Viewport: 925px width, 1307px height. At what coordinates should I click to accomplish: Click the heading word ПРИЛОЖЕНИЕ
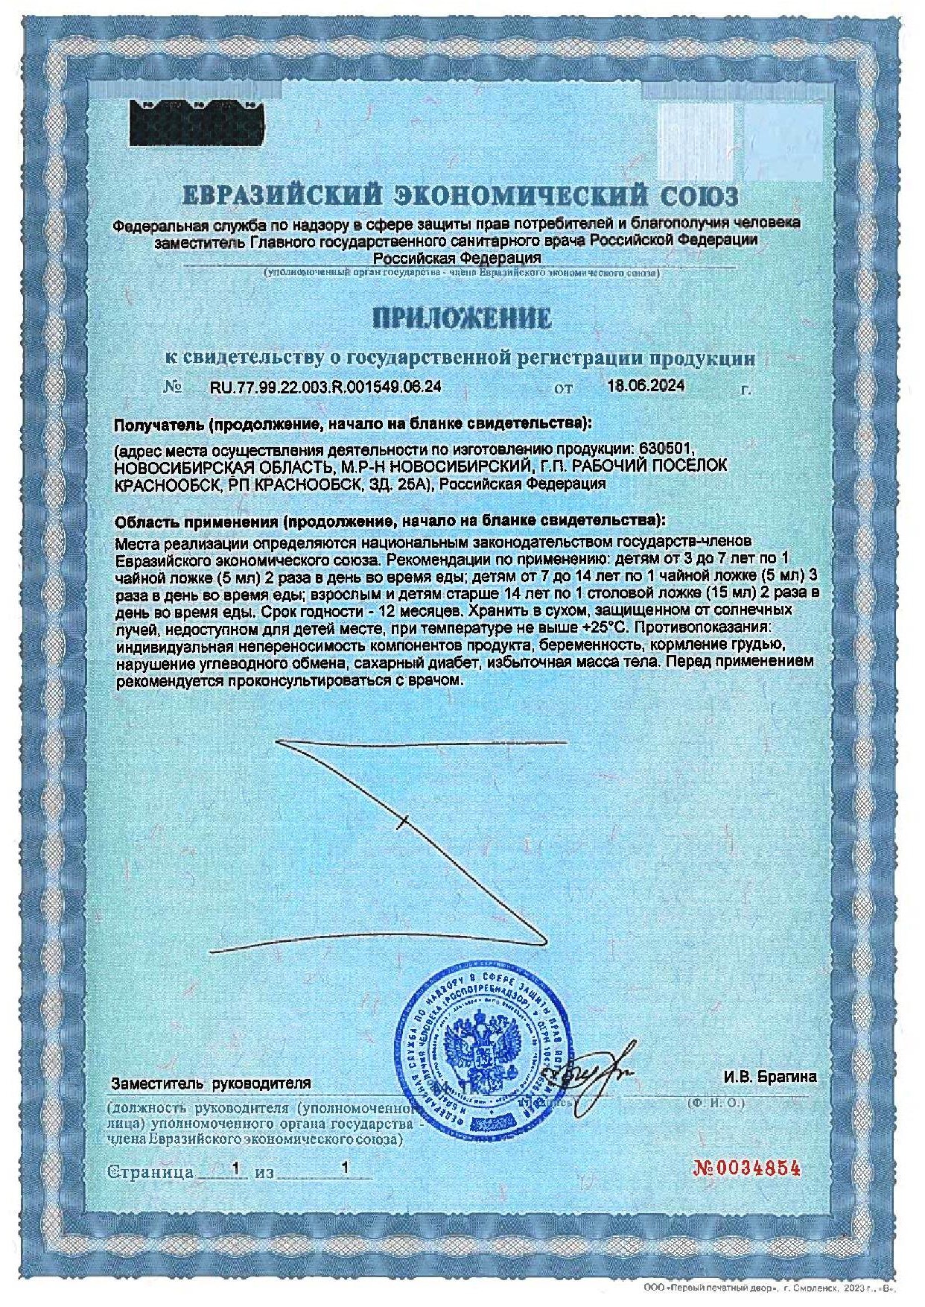pos(462,318)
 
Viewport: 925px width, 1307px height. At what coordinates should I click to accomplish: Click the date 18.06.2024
pos(646,386)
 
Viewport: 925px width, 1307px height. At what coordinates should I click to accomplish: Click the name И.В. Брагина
pos(769,1077)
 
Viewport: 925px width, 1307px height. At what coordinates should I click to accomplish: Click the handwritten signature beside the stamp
pos(592,1071)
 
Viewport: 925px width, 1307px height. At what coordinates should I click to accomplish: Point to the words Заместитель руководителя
pos(211,1083)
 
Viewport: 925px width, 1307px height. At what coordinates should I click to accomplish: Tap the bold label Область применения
pos(196,519)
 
